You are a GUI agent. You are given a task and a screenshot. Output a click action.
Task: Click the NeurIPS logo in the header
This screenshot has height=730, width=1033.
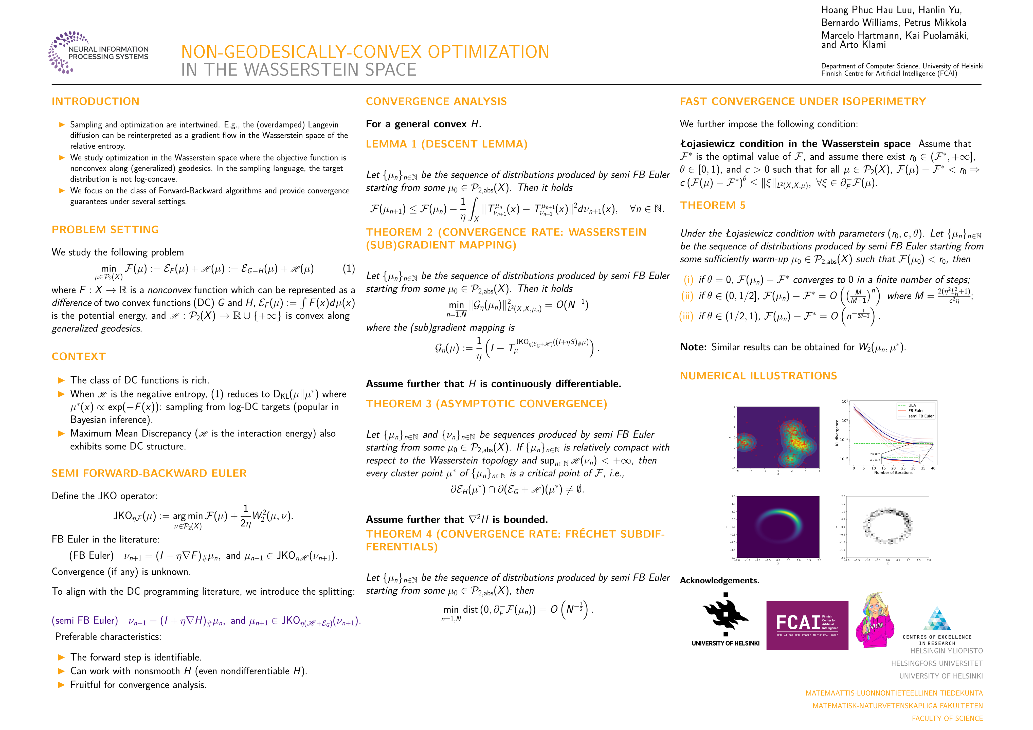(98, 53)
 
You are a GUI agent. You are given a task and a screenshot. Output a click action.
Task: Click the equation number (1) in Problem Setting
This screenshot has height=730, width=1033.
(349, 269)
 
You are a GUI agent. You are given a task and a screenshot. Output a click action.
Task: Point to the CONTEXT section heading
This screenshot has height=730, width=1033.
(79, 357)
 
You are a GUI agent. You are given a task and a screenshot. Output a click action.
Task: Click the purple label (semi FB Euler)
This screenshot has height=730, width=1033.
(85, 621)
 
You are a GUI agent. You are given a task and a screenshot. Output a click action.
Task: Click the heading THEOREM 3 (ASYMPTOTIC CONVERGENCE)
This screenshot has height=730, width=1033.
(486, 404)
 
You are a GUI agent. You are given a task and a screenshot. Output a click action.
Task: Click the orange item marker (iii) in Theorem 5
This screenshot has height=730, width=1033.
(686, 316)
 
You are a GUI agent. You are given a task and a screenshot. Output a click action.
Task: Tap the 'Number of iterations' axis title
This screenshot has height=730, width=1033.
(893, 473)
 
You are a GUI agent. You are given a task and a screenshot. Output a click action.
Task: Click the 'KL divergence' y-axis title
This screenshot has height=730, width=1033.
(837, 433)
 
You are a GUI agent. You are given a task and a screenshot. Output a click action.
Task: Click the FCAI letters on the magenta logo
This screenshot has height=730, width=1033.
(797, 623)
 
